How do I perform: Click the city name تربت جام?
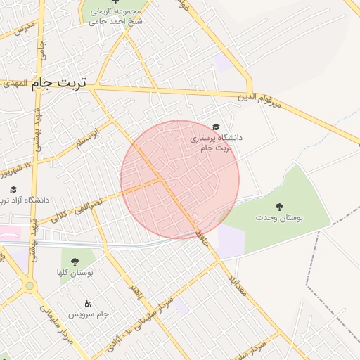pyautogui.click(x=58, y=83)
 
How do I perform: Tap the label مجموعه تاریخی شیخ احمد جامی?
pyautogui.click(x=116, y=16)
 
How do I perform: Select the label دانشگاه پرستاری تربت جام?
pyautogui.click(x=216, y=143)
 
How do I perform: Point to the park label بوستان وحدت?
pyautogui.click(x=280, y=219)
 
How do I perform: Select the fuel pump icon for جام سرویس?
pyautogui.click(x=87, y=303)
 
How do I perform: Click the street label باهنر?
pyautogui.click(x=134, y=292)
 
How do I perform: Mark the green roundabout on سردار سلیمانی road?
pyautogui.click(x=30, y=285)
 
